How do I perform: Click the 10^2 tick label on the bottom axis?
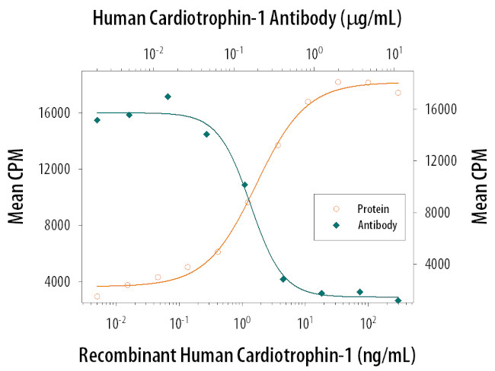click(x=369, y=322)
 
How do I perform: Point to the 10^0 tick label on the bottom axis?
click(x=243, y=322)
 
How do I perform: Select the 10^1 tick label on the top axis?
click(x=395, y=52)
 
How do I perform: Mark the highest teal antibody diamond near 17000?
click(x=168, y=97)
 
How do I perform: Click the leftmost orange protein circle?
click(x=97, y=296)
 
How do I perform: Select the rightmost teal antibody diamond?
click(x=398, y=301)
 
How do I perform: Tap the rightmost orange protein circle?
click(x=398, y=93)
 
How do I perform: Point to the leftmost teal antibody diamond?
click(x=97, y=120)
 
